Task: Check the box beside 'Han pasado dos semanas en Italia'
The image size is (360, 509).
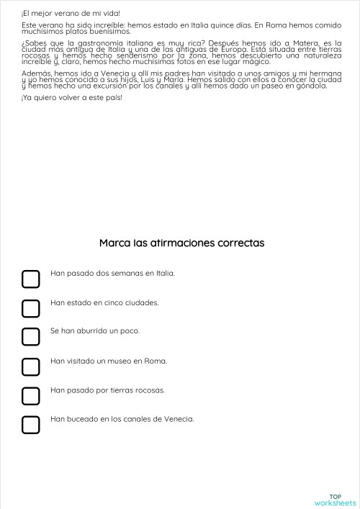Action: click(30, 279)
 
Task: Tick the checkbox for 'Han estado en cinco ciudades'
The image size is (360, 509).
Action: click(30, 308)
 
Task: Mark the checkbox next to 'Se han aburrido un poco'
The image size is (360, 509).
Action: click(30, 337)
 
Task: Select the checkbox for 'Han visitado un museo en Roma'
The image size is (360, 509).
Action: click(30, 366)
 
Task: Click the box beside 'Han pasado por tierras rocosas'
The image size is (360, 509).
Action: click(30, 396)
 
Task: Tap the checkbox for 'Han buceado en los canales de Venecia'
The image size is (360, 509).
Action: click(30, 425)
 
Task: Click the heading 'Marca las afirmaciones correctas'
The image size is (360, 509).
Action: click(181, 243)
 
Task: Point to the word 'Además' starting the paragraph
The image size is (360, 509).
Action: click(36, 73)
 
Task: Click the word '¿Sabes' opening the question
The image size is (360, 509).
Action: click(33, 42)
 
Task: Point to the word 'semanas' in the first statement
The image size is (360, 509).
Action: click(112, 274)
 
